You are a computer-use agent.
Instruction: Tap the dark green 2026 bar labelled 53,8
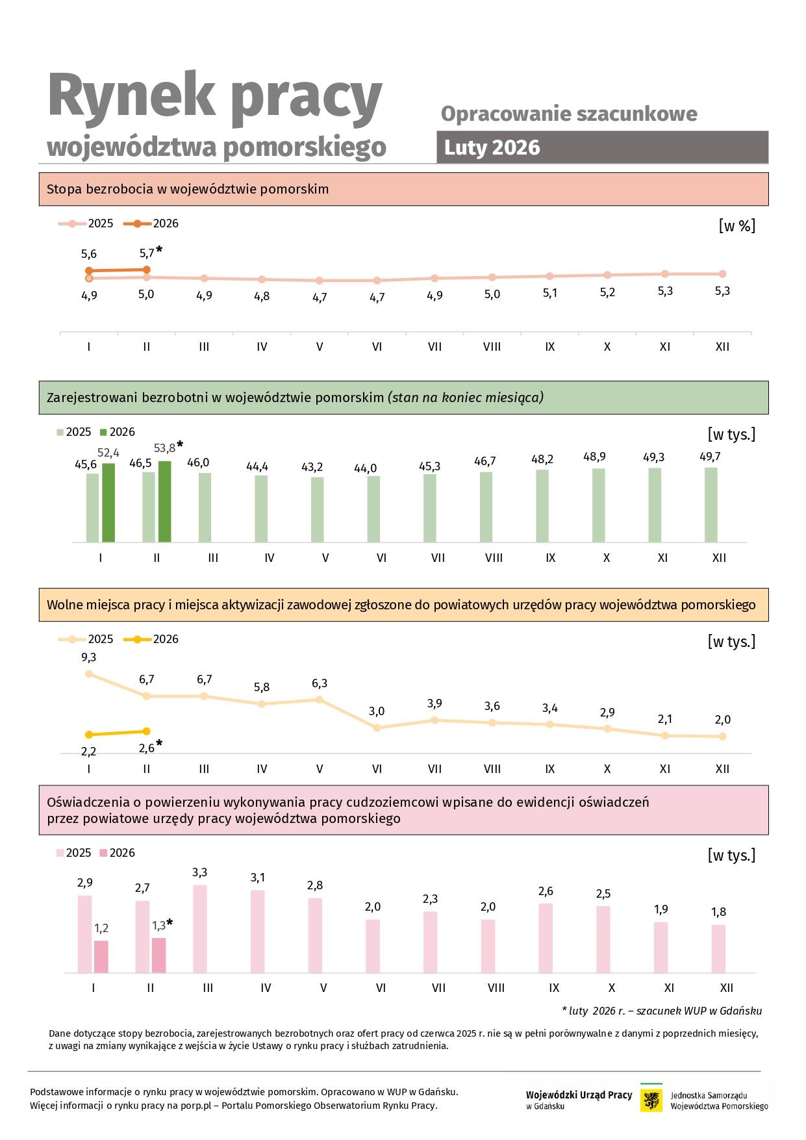164,501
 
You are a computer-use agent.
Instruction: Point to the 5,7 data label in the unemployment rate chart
147,253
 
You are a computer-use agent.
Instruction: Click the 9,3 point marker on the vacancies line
89,674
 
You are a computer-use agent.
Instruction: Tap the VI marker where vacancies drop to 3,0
377,728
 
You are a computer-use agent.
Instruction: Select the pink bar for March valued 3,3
200,929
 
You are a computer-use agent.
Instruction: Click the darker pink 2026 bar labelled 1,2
101,956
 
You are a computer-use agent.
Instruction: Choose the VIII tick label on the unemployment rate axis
492,347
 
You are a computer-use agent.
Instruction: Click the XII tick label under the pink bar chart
726,988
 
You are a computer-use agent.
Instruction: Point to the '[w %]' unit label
737,226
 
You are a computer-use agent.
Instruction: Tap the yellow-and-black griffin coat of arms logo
651,1100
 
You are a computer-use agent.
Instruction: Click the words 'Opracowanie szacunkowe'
569,114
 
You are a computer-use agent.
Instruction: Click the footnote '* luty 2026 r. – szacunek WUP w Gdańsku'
661,1011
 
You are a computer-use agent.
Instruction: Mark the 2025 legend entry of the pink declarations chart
73,853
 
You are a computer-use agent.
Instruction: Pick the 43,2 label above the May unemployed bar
312,467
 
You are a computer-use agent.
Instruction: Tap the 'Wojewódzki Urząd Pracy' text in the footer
579,1095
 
